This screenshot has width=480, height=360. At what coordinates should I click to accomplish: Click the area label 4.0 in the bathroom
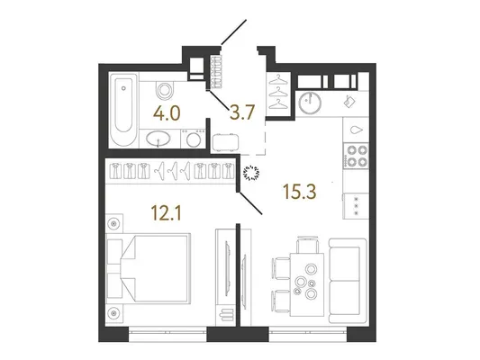click(167, 113)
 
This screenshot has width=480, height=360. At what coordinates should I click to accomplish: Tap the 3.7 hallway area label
click(242, 112)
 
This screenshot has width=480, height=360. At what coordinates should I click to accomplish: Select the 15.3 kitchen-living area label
click(300, 192)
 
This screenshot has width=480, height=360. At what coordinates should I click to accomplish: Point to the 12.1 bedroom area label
click(167, 213)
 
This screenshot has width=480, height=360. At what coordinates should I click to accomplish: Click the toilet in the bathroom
click(165, 89)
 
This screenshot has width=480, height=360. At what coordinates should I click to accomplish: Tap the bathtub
click(123, 109)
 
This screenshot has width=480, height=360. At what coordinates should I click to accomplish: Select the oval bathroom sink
click(158, 139)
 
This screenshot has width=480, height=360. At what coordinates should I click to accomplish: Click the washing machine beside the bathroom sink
click(193, 139)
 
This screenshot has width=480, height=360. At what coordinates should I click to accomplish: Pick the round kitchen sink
click(310, 103)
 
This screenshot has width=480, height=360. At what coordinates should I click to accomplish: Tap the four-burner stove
click(356, 156)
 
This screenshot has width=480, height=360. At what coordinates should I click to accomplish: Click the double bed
click(148, 268)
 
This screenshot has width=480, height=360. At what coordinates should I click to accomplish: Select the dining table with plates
click(307, 284)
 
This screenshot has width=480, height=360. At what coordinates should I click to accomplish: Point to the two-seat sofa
click(348, 281)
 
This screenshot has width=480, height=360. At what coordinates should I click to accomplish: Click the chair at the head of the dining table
click(308, 245)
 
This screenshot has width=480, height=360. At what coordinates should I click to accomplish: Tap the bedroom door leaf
click(250, 202)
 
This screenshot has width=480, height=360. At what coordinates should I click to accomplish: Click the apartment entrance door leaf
click(234, 31)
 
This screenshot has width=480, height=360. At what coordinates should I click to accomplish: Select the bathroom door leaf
click(219, 100)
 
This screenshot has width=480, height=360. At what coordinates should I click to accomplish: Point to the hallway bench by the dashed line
click(226, 142)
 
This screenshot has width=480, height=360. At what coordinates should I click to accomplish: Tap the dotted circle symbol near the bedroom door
click(252, 173)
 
